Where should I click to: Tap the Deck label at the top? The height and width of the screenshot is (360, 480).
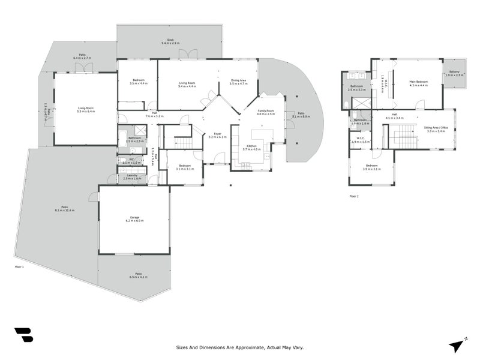point(170,40)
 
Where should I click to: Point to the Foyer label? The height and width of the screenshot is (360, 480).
point(217,134)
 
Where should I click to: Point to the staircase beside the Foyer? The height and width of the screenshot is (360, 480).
point(183,142)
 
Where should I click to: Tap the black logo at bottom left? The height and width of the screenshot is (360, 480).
point(23,335)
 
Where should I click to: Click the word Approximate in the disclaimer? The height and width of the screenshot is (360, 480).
point(242,347)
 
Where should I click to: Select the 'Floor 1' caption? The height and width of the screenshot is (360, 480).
point(19,266)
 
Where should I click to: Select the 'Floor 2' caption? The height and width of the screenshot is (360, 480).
point(354,196)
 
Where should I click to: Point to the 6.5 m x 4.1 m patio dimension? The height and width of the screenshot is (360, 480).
point(137,277)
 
